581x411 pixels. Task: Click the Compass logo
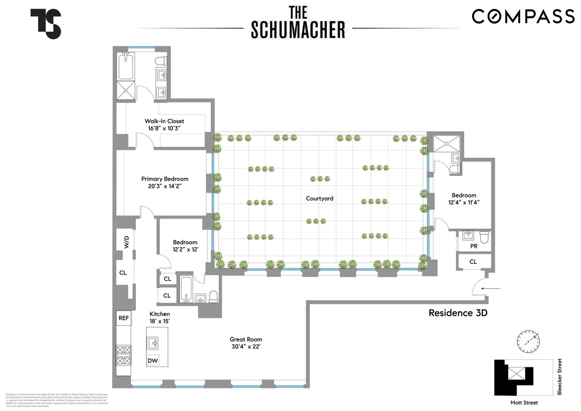523,16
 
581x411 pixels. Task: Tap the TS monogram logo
46,24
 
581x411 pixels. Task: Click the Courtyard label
319,199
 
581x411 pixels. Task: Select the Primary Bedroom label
165,182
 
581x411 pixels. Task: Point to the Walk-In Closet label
164,125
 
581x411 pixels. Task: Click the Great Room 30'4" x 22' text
246,343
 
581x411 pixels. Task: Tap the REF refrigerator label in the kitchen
124,318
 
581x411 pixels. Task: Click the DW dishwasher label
153,360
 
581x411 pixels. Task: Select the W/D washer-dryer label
127,242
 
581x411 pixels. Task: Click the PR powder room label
474,246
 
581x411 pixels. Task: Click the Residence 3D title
458,313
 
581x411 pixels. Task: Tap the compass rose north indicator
528,342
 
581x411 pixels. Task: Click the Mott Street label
524,403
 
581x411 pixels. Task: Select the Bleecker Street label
559,377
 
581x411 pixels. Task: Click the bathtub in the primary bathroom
125,67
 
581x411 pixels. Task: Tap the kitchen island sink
153,343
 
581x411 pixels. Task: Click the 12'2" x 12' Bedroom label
185,246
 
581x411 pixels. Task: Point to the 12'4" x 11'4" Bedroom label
464,199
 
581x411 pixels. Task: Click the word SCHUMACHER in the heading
298,30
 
